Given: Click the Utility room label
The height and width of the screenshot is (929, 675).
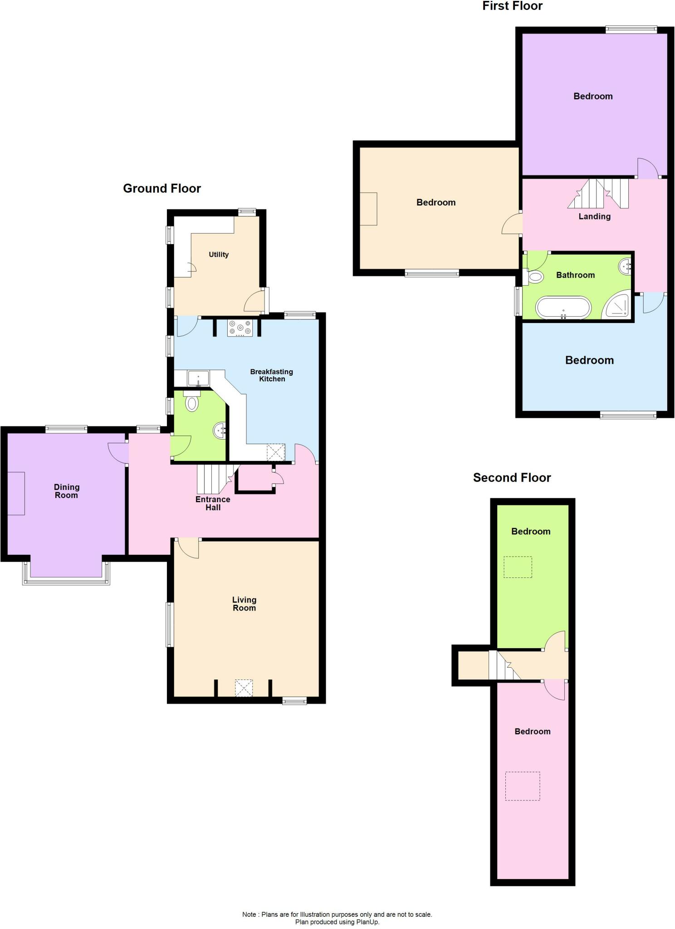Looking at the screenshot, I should (x=218, y=254).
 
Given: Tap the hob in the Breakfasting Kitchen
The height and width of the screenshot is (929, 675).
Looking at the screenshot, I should (x=240, y=328).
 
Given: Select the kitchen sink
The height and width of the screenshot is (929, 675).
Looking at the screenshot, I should (x=198, y=377).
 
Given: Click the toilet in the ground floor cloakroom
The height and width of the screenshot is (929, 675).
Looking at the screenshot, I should (x=192, y=402).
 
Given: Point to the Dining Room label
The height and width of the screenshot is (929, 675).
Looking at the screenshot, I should (x=67, y=491).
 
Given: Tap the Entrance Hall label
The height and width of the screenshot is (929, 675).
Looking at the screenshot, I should (x=213, y=503).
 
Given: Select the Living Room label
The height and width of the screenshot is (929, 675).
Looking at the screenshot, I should (x=244, y=604).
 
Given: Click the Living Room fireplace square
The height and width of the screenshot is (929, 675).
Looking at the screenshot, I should (x=244, y=688).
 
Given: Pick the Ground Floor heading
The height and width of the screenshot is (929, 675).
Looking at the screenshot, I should (x=162, y=188).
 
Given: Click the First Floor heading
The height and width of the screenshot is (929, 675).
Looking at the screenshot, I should (x=512, y=6).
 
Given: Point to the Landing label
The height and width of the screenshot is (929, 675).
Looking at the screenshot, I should (x=594, y=216).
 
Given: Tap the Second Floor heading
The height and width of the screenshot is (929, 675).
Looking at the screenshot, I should (x=512, y=478).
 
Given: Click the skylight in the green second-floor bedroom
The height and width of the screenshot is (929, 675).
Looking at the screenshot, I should (x=518, y=567).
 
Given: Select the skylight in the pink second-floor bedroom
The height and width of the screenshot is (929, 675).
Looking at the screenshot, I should (x=523, y=786).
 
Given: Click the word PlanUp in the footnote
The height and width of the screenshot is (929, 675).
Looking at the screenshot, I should (x=367, y=922).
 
